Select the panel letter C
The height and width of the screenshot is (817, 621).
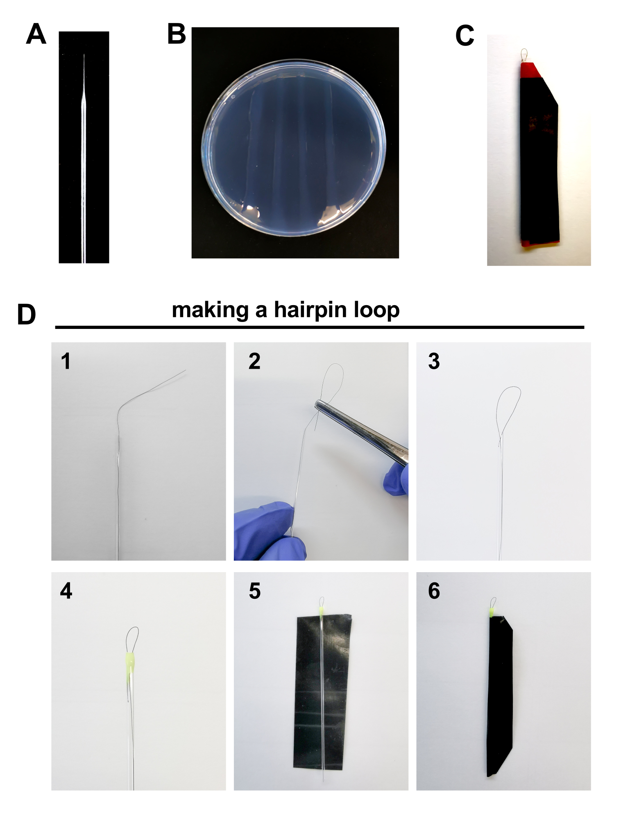465,36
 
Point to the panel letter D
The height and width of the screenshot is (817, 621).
26,315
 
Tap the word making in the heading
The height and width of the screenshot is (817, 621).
210,310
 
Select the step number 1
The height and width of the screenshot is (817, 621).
66,361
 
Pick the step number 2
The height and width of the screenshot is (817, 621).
254,361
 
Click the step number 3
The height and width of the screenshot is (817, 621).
434,361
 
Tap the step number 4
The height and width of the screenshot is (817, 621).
66,591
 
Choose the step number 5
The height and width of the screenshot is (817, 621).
255,591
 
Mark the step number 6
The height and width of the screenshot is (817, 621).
434,591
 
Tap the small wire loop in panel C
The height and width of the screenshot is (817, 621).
524,54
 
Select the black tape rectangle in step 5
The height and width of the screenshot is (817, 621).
323,692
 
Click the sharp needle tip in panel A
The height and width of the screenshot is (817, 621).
84,54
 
